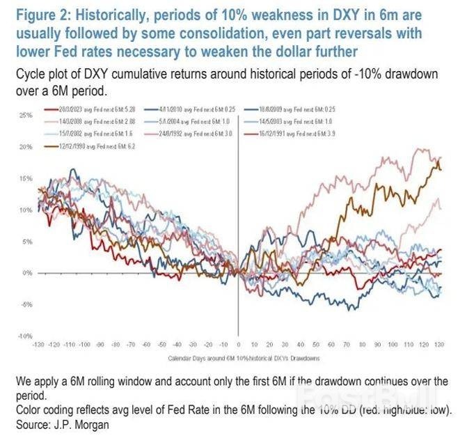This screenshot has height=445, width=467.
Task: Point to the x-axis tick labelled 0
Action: coord(238,345)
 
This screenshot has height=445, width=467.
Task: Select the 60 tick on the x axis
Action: coord(330,345)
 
